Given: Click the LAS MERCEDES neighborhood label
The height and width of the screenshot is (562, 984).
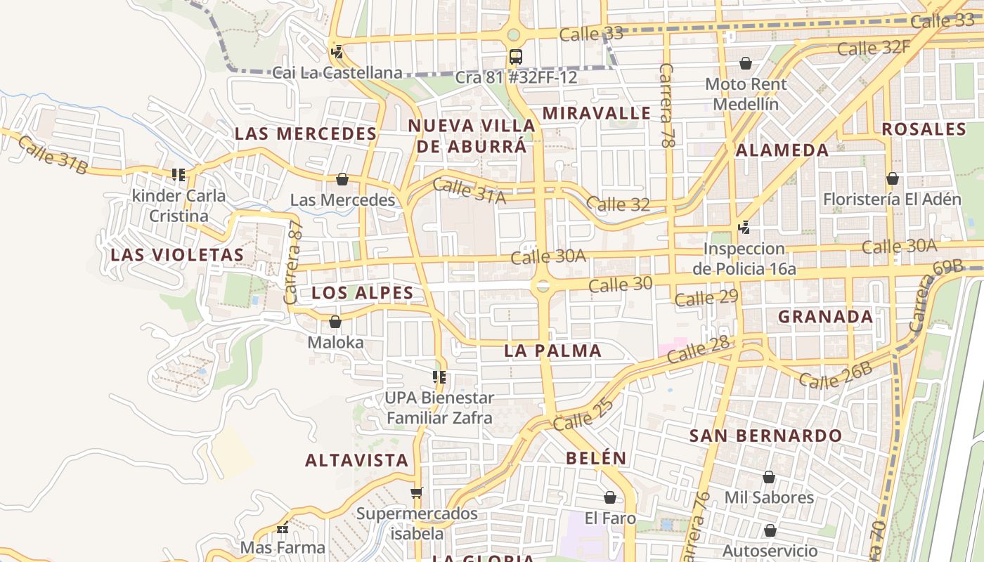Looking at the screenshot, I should click(306, 133).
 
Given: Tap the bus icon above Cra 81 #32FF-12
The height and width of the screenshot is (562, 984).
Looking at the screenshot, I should click(516, 56).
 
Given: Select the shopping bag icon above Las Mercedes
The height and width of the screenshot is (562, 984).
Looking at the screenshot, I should click(342, 179).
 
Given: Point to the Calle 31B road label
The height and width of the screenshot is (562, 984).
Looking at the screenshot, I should click(53, 155).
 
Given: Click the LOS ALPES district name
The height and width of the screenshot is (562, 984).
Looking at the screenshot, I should click(362, 293).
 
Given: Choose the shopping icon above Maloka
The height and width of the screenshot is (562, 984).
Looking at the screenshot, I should click(335, 322).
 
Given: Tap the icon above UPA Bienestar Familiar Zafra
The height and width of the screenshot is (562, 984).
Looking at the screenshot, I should click(439, 377).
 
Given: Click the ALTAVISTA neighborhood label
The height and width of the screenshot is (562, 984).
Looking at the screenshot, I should click(356, 460).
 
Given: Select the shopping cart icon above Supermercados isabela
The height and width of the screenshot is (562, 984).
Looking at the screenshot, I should click(417, 492).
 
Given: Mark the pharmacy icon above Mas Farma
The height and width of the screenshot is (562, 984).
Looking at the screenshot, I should click(283, 528).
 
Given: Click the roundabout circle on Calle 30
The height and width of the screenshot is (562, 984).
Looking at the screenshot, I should click(542, 285).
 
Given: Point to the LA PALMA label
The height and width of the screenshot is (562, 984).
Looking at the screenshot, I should click(553, 351).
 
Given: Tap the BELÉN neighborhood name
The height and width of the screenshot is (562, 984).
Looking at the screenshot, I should click(596, 458).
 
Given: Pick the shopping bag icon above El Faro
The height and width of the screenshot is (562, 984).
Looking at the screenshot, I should click(610, 497).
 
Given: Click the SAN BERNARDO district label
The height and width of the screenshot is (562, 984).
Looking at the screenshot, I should click(765, 436).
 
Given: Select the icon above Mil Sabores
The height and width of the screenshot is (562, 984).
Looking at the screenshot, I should click(769, 477).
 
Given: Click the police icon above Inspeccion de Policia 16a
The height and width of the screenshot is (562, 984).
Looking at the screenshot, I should click(744, 228).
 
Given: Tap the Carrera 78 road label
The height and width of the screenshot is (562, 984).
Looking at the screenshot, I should click(666, 105).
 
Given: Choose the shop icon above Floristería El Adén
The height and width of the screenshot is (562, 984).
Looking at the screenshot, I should click(893, 178).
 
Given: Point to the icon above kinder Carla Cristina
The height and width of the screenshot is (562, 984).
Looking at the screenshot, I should click(179, 174).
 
